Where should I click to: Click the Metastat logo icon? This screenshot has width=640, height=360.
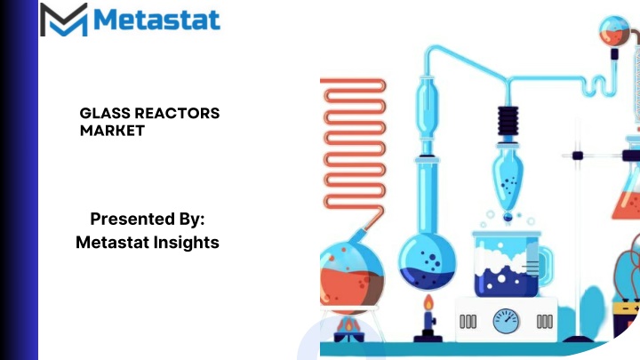[64, 20]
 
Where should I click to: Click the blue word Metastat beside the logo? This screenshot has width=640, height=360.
[157, 20]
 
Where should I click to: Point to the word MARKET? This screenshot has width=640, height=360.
[112, 131]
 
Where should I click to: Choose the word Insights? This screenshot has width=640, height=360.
[187, 243]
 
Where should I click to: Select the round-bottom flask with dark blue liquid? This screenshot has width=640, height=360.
[427, 261]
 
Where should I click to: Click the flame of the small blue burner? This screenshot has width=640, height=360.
[428, 303]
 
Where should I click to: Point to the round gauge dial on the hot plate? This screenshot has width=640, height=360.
[506, 321]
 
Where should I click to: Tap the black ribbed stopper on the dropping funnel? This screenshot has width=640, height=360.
[508, 121]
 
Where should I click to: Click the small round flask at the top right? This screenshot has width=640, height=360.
[614, 30]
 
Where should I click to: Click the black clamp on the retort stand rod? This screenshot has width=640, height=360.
[578, 156]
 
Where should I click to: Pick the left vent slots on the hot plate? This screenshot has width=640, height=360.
[468, 322]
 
